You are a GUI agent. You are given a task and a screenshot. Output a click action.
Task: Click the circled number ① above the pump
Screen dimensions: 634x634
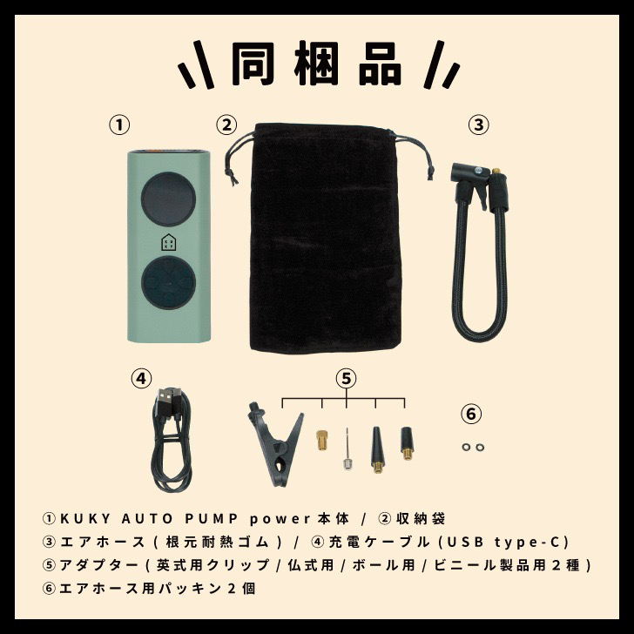coord(120,124)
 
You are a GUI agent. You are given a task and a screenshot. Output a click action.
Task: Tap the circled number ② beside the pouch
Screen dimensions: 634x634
coord(226,124)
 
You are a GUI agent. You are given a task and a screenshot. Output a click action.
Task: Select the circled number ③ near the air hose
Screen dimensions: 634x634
coord(477,124)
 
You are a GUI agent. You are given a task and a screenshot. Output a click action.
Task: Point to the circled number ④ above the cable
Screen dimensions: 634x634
coord(141,378)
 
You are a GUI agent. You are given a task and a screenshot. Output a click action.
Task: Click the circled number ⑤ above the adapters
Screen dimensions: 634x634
coord(347,378)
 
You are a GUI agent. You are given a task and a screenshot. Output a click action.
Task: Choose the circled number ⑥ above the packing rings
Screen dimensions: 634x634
coord(471,414)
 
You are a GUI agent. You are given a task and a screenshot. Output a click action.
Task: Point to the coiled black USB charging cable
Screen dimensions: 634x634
coord(171,440)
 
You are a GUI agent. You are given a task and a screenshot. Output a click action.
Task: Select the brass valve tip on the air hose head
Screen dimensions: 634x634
coord(497,172)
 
